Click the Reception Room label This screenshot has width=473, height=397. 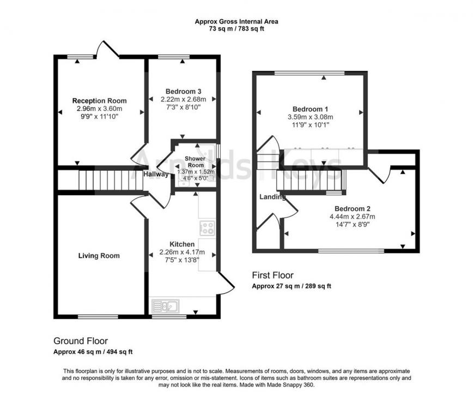99,101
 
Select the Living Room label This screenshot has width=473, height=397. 99,256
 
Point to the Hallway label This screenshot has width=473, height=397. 156,175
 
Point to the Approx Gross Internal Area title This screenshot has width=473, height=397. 236,22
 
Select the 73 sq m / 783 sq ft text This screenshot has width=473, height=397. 236,29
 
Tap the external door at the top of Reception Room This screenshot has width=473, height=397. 107,49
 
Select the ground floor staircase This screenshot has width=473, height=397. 101,180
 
